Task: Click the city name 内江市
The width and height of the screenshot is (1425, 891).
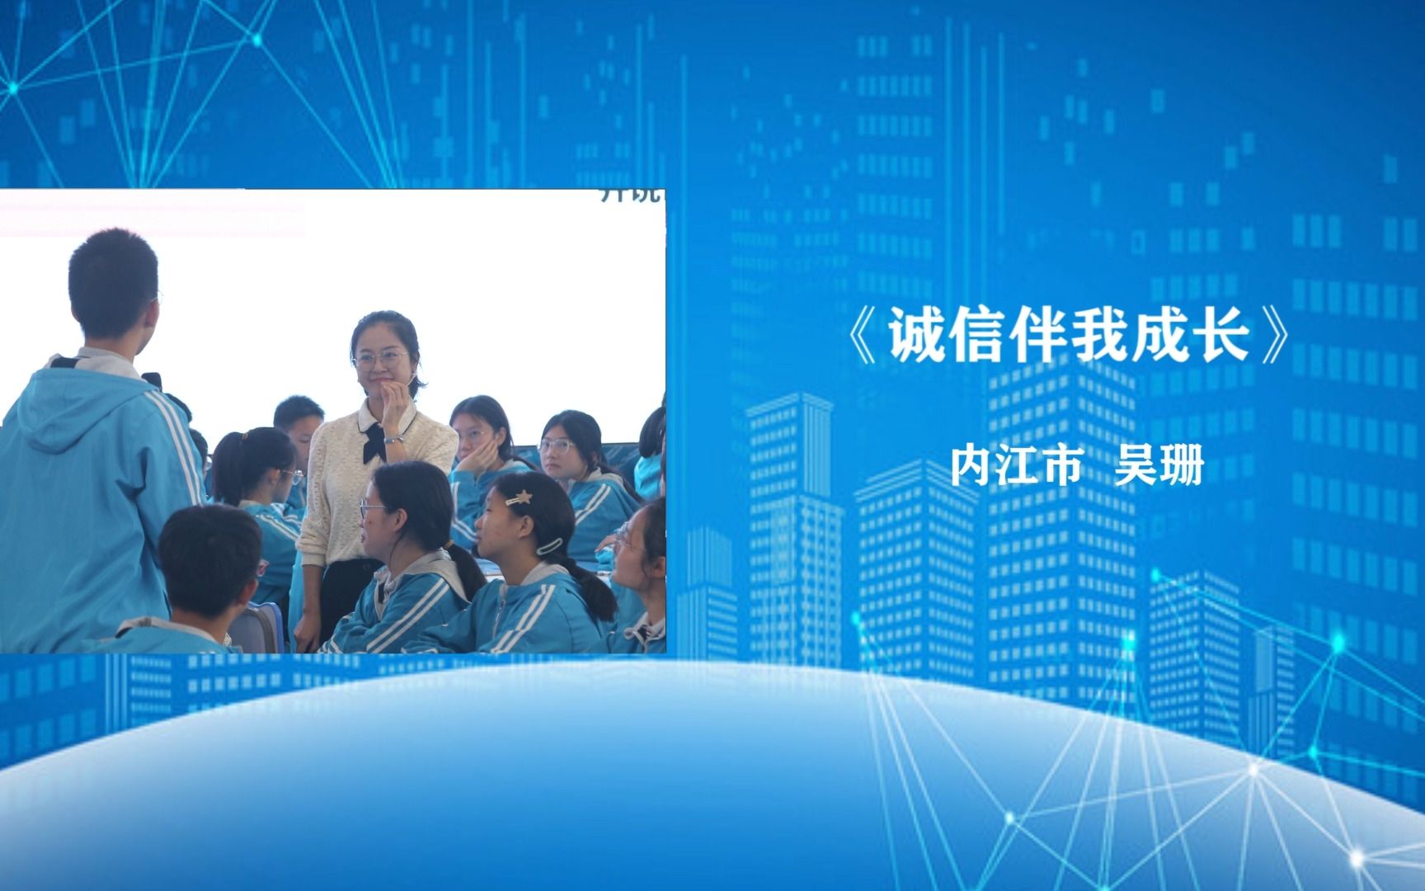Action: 1015,466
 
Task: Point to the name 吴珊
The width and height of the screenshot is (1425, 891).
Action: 1159,466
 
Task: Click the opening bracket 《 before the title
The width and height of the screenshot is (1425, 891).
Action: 864,340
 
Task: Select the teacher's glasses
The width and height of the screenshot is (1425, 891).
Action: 380,359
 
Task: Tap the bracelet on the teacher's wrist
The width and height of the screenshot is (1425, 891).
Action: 394,438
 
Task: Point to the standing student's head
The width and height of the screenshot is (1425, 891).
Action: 113,280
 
